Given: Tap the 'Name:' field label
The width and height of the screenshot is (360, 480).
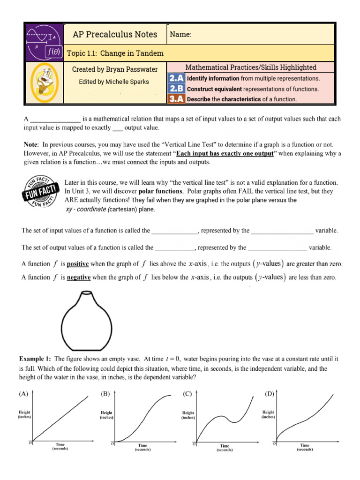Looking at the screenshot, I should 180,35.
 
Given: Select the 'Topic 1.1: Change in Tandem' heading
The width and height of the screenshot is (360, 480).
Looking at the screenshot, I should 115,53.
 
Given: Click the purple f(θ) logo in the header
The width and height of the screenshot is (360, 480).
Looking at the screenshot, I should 44,42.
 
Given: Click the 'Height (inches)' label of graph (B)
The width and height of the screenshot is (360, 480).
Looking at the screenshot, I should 106,415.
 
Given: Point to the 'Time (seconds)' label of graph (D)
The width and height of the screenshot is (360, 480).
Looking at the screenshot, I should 305,447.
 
